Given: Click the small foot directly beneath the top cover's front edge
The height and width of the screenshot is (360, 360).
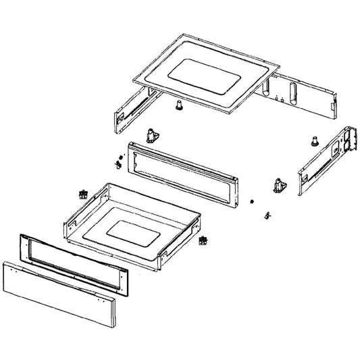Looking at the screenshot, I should [180, 105].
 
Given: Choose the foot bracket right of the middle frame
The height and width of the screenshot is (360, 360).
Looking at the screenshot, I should [278, 184].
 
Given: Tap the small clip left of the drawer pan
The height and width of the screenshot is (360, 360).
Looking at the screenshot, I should [84, 194].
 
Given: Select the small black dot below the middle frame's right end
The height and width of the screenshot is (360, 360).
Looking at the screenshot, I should [251, 201].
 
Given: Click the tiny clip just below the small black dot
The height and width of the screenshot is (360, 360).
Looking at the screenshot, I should [267, 214].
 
